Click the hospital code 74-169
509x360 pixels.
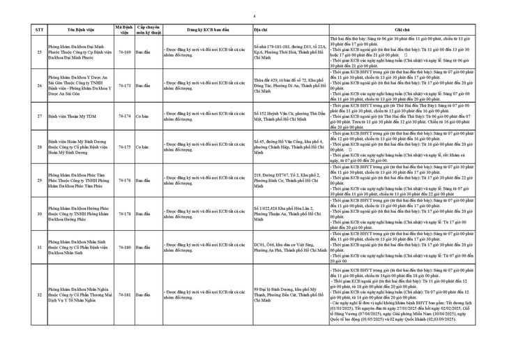point(125,52)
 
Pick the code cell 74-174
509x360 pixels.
point(125,116)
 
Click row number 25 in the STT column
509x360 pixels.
point(39,52)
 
